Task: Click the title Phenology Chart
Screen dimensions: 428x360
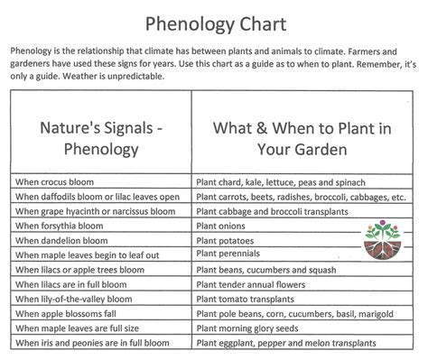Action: pyautogui.click(x=213, y=22)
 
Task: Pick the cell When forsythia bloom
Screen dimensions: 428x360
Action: pyautogui.click(x=60, y=226)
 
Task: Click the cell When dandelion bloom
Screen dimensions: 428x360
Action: pyautogui.click(x=61, y=240)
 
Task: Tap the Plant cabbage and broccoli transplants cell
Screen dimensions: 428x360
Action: pyautogui.click(x=271, y=211)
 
